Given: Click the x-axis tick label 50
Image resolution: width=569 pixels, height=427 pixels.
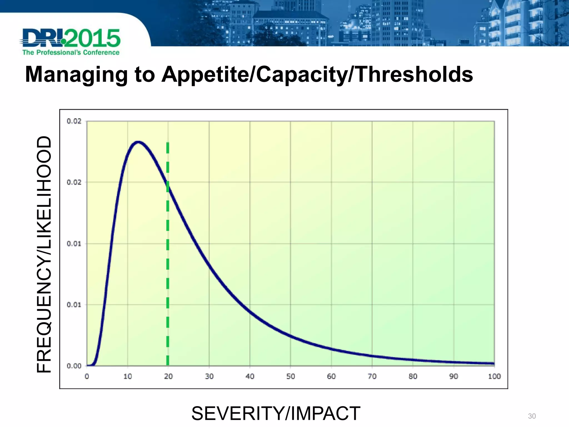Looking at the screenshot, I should coord(290,376).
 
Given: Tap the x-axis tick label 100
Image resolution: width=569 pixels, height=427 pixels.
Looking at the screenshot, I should coord(494,376).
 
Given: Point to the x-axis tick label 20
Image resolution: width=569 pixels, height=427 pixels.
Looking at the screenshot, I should coord(168,376).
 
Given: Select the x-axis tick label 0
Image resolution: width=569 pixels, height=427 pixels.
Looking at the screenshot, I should coord(87,376).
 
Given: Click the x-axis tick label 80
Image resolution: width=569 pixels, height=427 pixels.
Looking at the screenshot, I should coord(413,376).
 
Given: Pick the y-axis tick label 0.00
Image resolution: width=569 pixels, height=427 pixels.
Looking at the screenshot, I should coord(74,366).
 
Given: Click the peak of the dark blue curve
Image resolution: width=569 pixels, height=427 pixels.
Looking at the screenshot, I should coord(138,142).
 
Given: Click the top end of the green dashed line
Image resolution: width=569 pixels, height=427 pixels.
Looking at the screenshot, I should coord(168,143).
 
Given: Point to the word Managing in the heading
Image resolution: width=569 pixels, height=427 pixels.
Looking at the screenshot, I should coord(76,75).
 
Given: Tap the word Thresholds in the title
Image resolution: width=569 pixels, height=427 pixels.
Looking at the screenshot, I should coord(414,75).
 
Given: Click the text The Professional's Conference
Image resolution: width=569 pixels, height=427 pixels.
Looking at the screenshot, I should coord(71,53).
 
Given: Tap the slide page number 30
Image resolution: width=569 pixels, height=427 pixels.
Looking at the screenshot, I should coord(532,416).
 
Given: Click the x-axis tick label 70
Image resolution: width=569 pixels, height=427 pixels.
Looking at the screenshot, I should coord(372,376).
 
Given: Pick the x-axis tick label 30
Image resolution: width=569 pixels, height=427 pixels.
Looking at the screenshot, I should coord(209,376).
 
